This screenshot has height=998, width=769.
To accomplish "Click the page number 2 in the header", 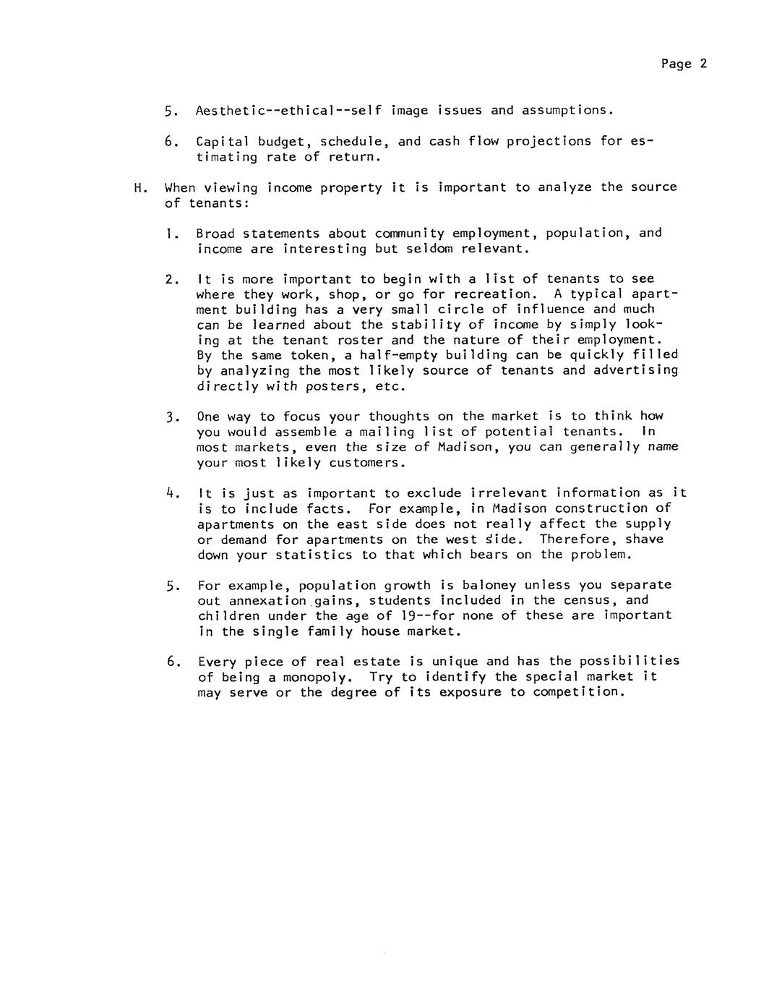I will pyautogui.click(x=703, y=64).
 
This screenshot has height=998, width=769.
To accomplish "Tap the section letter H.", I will pyautogui.click(x=139, y=188).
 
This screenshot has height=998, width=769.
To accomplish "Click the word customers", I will pyautogui.click(x=367, y=463).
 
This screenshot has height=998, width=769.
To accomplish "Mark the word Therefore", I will pyautogui.click(x=577, y=539).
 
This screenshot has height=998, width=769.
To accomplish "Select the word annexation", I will pyautogui.click(x=269, y=600).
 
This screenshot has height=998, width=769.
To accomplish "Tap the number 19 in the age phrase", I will pyautogui.click(x=406, y=615).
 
